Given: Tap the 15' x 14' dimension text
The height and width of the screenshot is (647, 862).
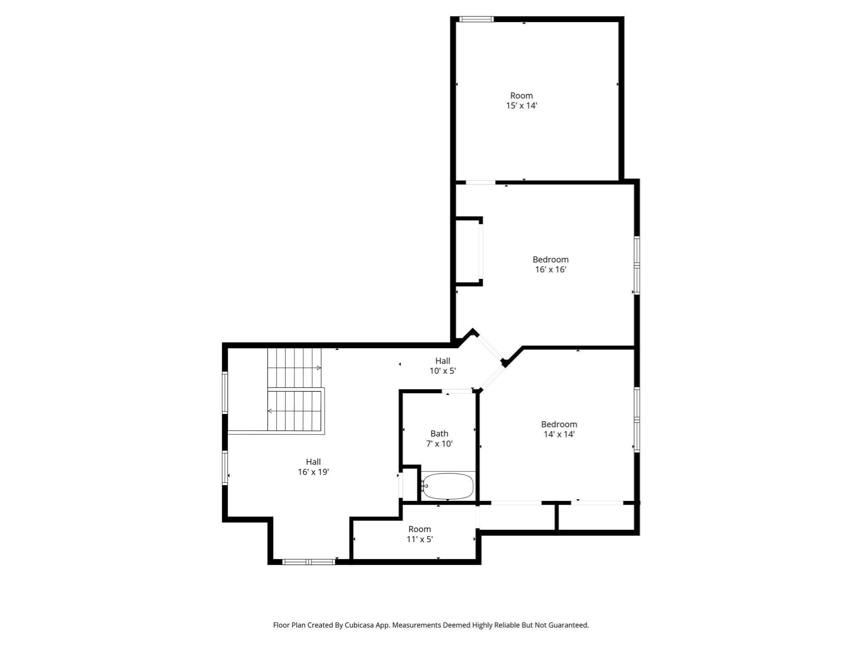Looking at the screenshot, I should [521, 106].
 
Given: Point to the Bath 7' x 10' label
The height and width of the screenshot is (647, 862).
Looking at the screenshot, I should [439, 438].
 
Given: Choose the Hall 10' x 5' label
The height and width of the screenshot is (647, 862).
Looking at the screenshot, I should [442, 366].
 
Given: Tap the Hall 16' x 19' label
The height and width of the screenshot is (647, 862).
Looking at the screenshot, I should [313, 467].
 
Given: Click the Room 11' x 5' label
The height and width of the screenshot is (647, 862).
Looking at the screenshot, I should [420, 534].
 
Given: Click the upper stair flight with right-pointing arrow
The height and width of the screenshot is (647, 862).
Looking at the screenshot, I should [294, 368].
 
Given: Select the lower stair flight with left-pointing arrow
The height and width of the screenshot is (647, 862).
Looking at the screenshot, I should [294, 411].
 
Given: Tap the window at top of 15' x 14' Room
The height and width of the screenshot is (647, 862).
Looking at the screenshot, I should [476, 19].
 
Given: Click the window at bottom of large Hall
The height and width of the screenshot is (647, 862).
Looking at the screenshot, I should [309, 561].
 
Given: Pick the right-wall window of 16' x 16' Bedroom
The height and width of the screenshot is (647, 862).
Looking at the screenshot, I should [637, 265].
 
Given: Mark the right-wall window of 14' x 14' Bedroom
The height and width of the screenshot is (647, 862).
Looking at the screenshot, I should [637, 420].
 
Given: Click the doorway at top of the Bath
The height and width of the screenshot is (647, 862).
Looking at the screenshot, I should [457, 391].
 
